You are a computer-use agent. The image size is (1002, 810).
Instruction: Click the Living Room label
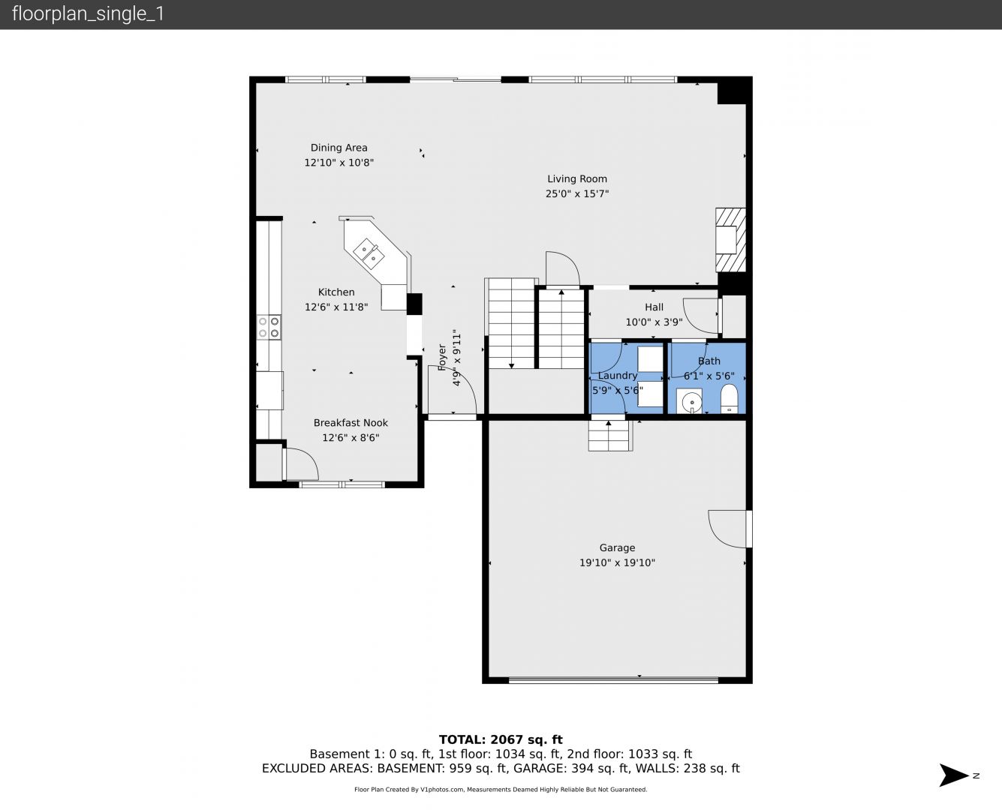pyautogui.click(x=576, y=178)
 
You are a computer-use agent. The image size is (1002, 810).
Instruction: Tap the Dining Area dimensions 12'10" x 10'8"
pyautogui.click(x=339, y=163)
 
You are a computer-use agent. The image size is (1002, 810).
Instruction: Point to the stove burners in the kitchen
pyautogui.click(x=269, y=327)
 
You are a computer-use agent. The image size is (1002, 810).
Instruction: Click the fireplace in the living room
pyautogui.click(x=730, y=240)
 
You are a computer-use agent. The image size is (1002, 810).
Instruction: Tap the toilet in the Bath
pyautogui.click(x=729, y=399)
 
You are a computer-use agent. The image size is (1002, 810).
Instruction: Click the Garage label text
pyautogui.click(x=617, y=547)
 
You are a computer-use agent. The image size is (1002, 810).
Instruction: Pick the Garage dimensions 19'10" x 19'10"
pyautogui.click(x=617, y=562)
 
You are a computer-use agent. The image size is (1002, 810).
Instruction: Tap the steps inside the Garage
pyautogui.click(x=609, y=436)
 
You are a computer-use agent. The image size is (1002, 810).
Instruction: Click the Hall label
pyautogui.click(x=654, y=307)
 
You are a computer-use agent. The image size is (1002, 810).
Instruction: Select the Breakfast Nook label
pyautogui.click(x=351, y=423)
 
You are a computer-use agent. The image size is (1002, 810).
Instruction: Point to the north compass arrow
pyautogui.click(x=954, y=775)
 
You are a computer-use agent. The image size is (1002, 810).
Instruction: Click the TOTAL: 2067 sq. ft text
pyautogui.click(x=501, y=739)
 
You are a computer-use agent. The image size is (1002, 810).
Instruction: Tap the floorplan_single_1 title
pyautogui.click(x=88, y=13)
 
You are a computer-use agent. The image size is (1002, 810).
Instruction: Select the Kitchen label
pyautogui.click(x=336, y=292)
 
